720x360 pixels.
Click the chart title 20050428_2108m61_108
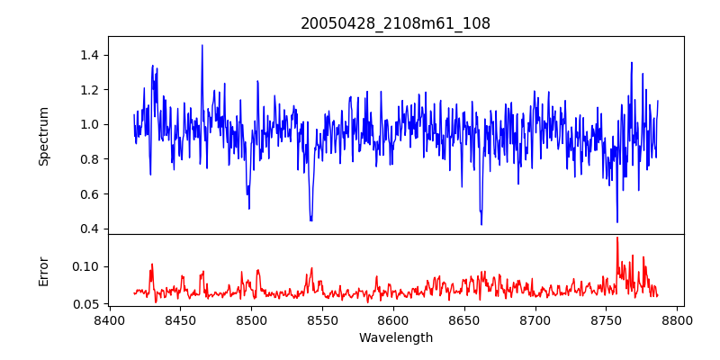(x=395, y=24)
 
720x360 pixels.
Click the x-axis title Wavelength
(x=395, y=337)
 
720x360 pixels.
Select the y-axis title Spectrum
(x=44, y=136)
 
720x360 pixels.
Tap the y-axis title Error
(x=44, y=270)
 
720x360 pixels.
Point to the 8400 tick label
(x=109, y=319)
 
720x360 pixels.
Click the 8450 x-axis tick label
(x=180, y=319)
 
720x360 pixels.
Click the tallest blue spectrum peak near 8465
(x=202, y=45)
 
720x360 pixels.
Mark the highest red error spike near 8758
(x=617, y=238)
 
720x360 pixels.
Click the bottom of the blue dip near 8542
(x=310, y=220)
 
